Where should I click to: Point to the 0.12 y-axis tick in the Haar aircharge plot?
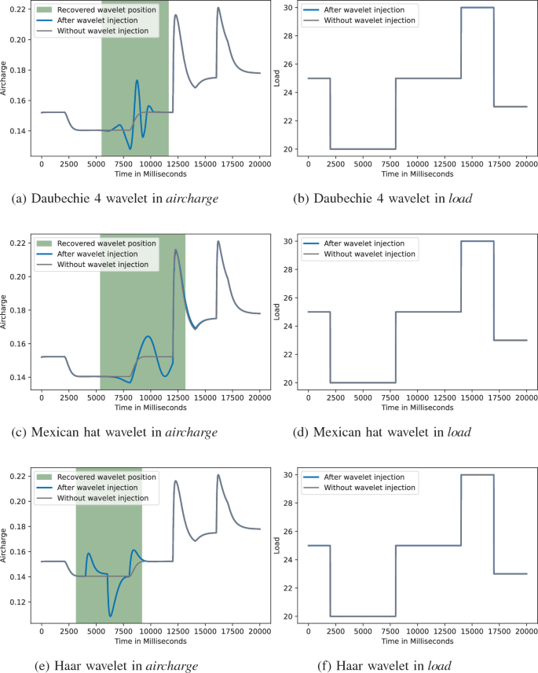click(x=17, y=602)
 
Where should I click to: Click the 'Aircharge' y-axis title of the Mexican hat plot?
click(x=5, y=310)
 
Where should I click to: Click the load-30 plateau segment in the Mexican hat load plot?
click(x=478, y=241)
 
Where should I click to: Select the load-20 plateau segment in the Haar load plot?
click(x=362, y=616)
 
